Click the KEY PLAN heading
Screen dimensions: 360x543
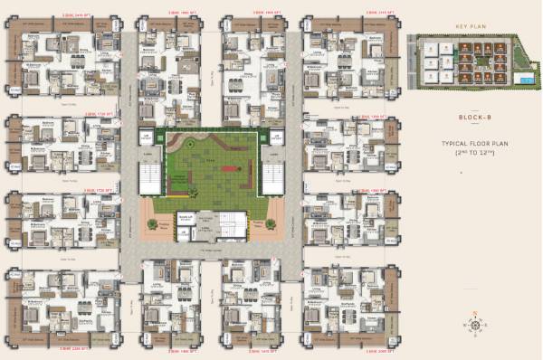(x=472, y=27)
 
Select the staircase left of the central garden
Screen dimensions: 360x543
(x=149, y=172)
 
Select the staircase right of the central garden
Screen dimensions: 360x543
(x=272, y=172)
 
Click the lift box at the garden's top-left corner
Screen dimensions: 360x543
(x=146, y=137)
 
